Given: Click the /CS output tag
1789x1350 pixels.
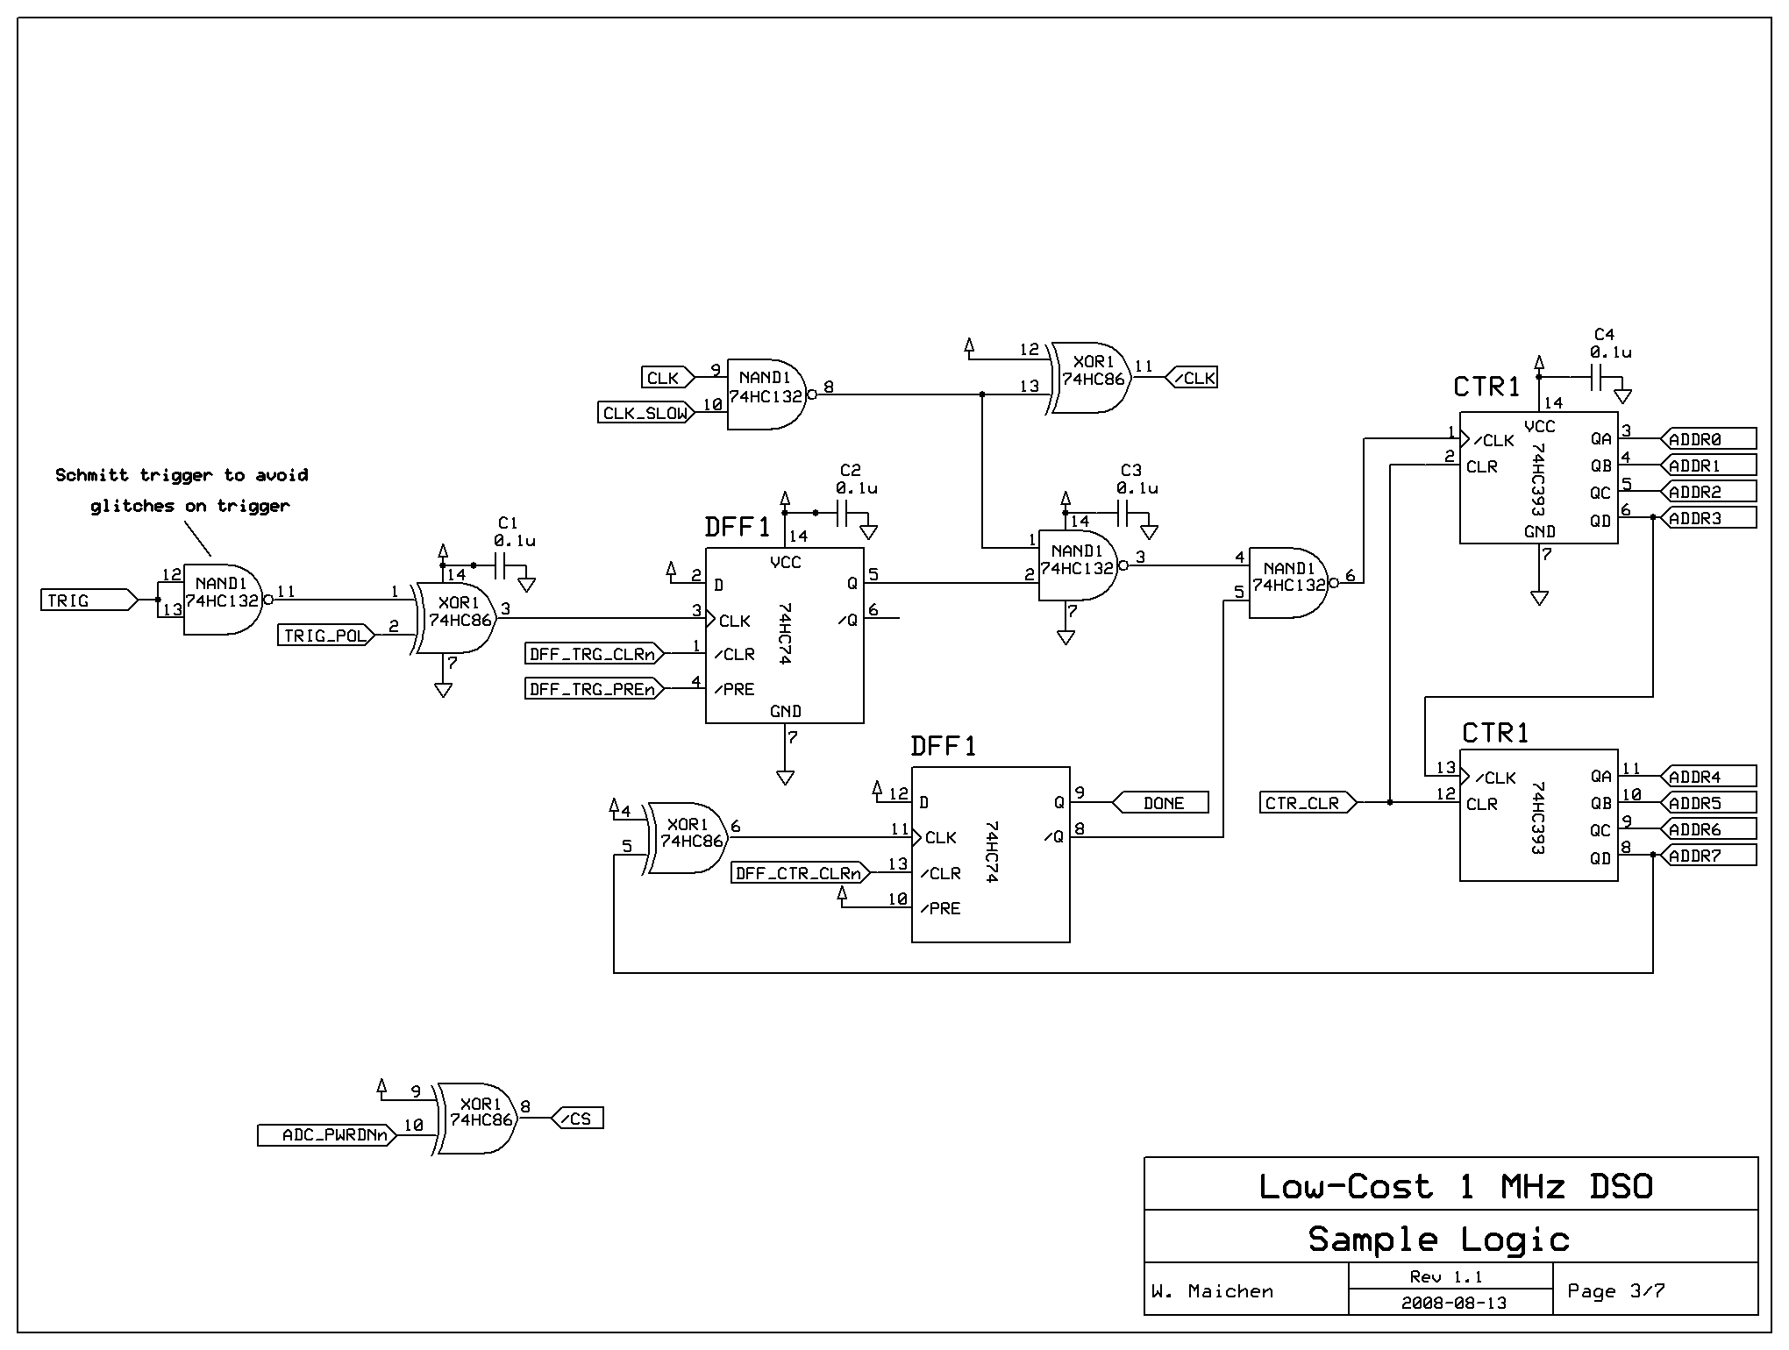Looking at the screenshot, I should (x=578, y=1119).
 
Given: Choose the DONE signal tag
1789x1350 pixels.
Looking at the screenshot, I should (x=1162, y=803).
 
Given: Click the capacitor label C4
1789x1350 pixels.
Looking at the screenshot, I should (x=1603, y=334).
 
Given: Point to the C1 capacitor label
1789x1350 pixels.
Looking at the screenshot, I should (x=507, y=522).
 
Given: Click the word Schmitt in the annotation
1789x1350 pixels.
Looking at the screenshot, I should (x=94, y=475).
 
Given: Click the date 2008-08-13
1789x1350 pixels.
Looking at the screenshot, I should (x=1453, y=1303).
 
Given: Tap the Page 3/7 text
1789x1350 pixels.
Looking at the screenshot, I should (x=1615, y=1290).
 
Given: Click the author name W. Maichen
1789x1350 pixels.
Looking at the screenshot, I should (x=1212, y=1291).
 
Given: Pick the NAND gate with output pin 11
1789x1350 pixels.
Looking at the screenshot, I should (x=221, y=600).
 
